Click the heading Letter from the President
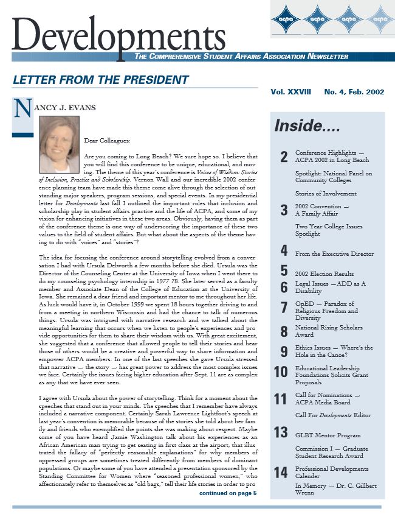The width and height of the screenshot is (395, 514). [101, 80]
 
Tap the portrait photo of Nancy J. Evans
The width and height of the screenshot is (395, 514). [59, 144]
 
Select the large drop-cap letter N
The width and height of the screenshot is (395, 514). [22, 109]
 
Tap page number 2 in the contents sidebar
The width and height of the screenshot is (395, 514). [284, 157]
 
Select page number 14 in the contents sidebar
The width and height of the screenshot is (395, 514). [281, 473]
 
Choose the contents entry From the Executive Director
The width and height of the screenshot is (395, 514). [334, 253]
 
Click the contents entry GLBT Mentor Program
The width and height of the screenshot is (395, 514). [328, 435]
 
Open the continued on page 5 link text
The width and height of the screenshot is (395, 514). [228, 493]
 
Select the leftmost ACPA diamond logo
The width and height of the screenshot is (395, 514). [286, 19]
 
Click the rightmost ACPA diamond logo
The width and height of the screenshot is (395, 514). [380, 19]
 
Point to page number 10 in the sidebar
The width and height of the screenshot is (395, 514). [281, 372]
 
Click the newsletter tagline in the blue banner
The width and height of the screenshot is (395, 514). [241, 57]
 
